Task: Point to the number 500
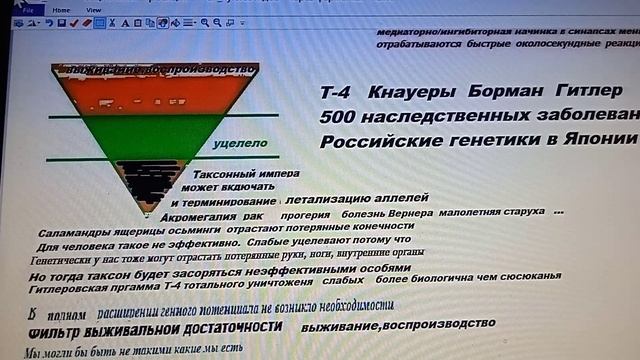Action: click(x=341, y=118)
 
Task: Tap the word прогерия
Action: click(x=305, y=213)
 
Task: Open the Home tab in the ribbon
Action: click(x=62, y=11)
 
